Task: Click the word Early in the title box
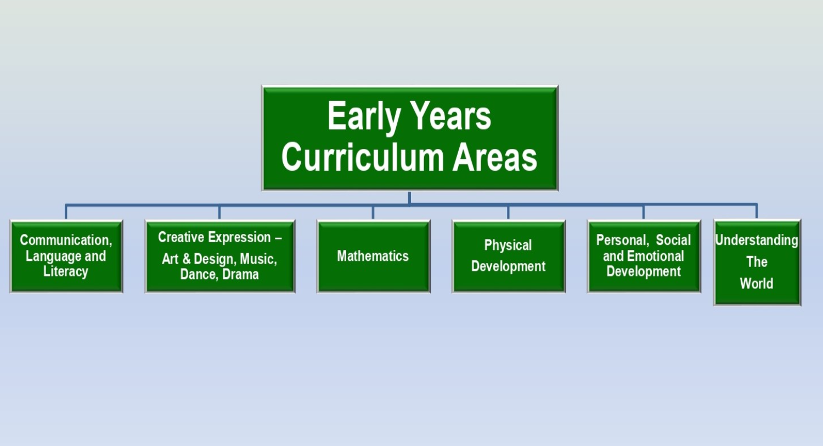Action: click(364, 117)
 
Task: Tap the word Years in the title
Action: click(450, 116)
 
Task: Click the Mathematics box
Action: click(373, 257)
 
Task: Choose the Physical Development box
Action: click(509, 257)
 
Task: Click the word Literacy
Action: click(66, 271)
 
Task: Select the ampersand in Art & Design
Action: click(187, 259)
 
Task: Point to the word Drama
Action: click(240, 274)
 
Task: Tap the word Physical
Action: click(508, 245)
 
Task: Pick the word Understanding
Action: click(757, 241)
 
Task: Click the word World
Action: click(757, 283)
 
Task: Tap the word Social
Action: click(673, 240)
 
